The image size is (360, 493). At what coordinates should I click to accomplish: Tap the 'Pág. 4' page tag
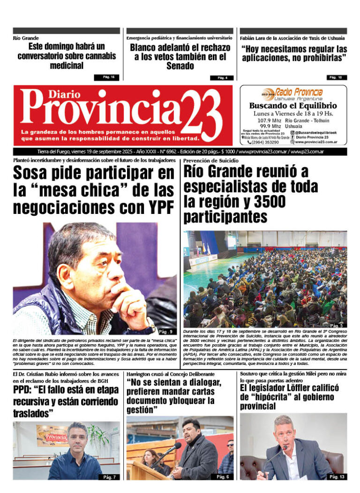(x=222, y=78)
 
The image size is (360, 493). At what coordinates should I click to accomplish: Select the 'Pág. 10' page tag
(x=335, y=77)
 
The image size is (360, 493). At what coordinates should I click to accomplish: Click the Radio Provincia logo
(x=292, y=93)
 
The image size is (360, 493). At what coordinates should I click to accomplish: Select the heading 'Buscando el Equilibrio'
(x=293, y=106)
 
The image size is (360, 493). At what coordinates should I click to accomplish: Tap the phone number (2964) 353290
(x=265, y=142)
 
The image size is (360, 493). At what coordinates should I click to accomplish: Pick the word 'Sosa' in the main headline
(x=35, y=174)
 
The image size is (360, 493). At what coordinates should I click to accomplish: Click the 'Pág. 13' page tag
(x=337, y=477)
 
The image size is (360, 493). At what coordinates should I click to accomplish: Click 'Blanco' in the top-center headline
(x=145, y=47)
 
